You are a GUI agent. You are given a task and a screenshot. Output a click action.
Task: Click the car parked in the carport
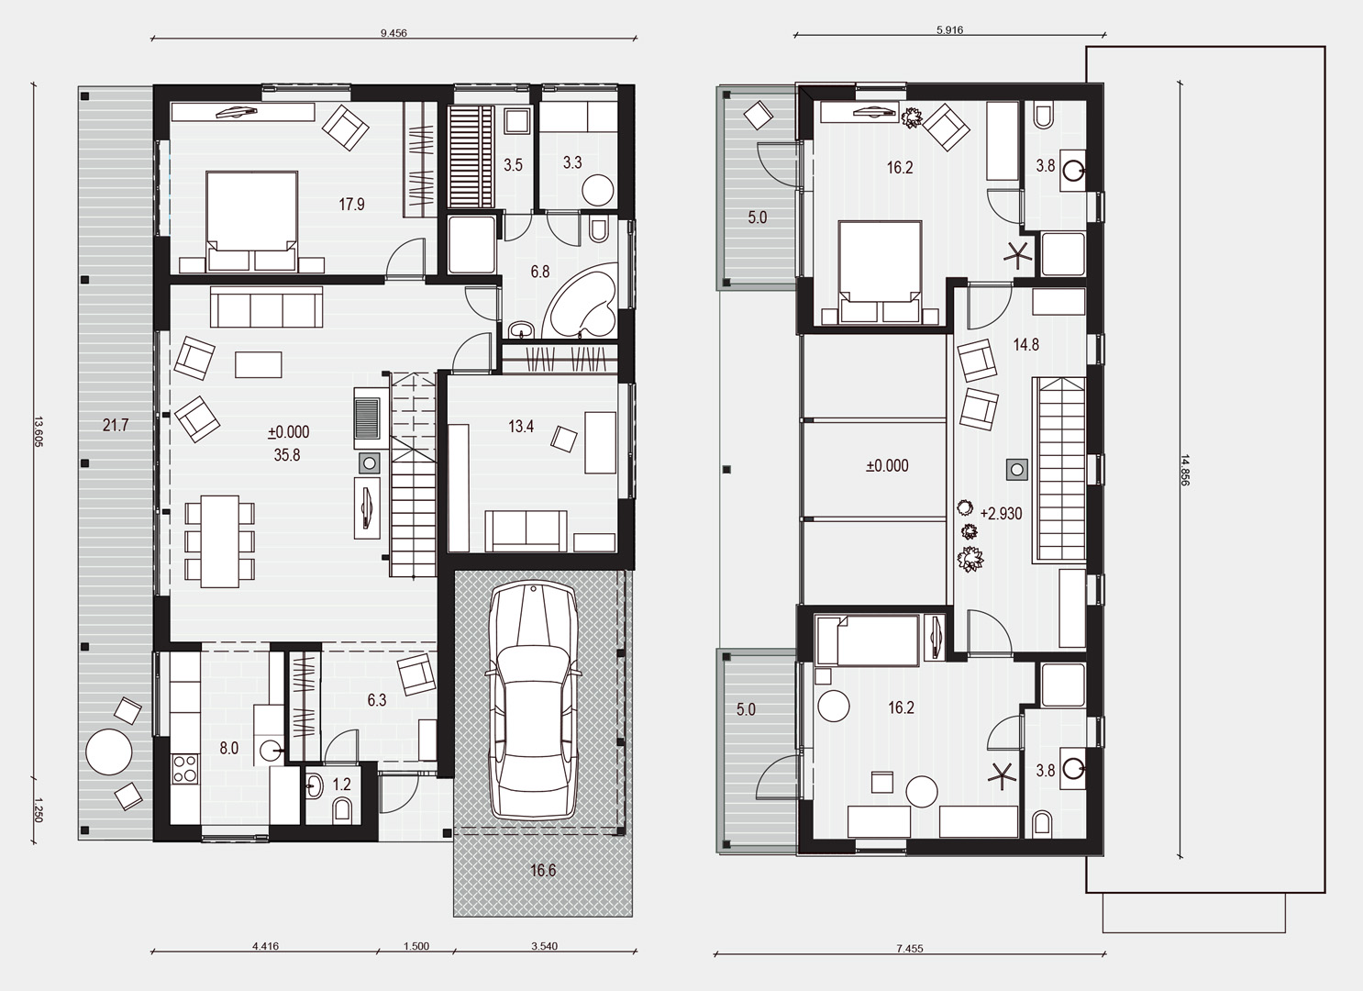tap(532, 701)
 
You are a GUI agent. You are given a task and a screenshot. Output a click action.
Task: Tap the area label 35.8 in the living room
tap(286, 455)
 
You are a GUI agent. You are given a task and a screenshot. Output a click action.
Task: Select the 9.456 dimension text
tap(393, 33)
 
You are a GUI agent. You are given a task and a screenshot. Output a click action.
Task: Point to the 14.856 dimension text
tap(1183, 469)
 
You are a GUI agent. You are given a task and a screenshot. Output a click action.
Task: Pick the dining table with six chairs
tap(219, 541)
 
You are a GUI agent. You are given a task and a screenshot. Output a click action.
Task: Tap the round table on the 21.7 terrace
tap(109, 752)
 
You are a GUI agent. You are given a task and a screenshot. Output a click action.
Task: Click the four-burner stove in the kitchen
tap(185, 768)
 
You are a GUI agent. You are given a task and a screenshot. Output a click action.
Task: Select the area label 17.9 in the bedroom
tap(351, 204)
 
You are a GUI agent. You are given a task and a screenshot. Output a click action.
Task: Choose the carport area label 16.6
tap(543, 871)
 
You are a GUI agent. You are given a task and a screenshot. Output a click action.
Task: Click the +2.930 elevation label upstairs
tap(1001, 514)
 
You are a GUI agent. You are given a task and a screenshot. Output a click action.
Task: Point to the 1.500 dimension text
tap(416, 947)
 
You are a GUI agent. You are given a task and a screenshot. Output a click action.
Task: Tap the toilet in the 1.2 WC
tap(342, 811)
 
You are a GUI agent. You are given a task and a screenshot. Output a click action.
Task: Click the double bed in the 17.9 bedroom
tap(252, 221)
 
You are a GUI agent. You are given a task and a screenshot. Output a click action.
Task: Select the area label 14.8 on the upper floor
tap(1025, 344)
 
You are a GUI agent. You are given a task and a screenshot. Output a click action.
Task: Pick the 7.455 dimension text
tap(910, 949)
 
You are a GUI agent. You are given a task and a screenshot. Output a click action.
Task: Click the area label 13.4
tap(521, 426)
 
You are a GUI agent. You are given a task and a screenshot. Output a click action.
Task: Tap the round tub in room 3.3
tap(597, 191)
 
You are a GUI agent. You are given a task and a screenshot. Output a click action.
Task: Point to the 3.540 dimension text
tap(544, 946)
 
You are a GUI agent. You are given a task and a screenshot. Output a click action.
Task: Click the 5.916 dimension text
tap(949, 30)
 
